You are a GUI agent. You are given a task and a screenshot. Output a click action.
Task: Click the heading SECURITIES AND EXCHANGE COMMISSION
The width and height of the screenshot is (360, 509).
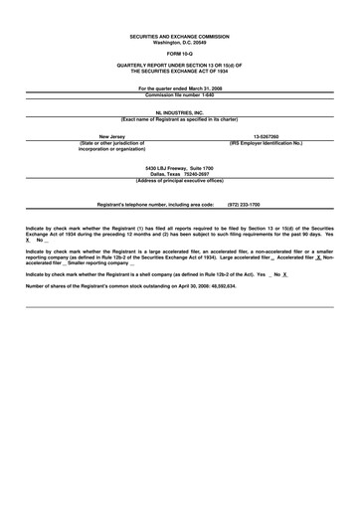click(x=179, y=35)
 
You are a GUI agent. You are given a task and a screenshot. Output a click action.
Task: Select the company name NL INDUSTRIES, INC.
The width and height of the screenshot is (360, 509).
click(x=179, y=114)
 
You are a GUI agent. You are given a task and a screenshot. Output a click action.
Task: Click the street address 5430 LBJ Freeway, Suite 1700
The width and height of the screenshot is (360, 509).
click(x=179, y=168)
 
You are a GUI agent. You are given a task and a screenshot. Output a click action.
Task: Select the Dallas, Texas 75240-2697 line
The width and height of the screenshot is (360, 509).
click(x=179, y=174)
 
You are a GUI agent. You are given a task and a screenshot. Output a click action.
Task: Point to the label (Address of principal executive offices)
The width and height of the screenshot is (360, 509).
click(x=179, y=180)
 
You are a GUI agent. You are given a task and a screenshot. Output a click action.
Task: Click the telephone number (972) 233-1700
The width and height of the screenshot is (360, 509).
click(x=244, y=204)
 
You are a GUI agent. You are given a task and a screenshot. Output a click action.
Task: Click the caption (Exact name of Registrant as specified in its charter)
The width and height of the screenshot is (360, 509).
click(x=179, y=120)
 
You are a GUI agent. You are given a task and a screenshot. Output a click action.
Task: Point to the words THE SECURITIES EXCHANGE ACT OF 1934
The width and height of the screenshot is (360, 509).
click(x=179, y=72)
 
